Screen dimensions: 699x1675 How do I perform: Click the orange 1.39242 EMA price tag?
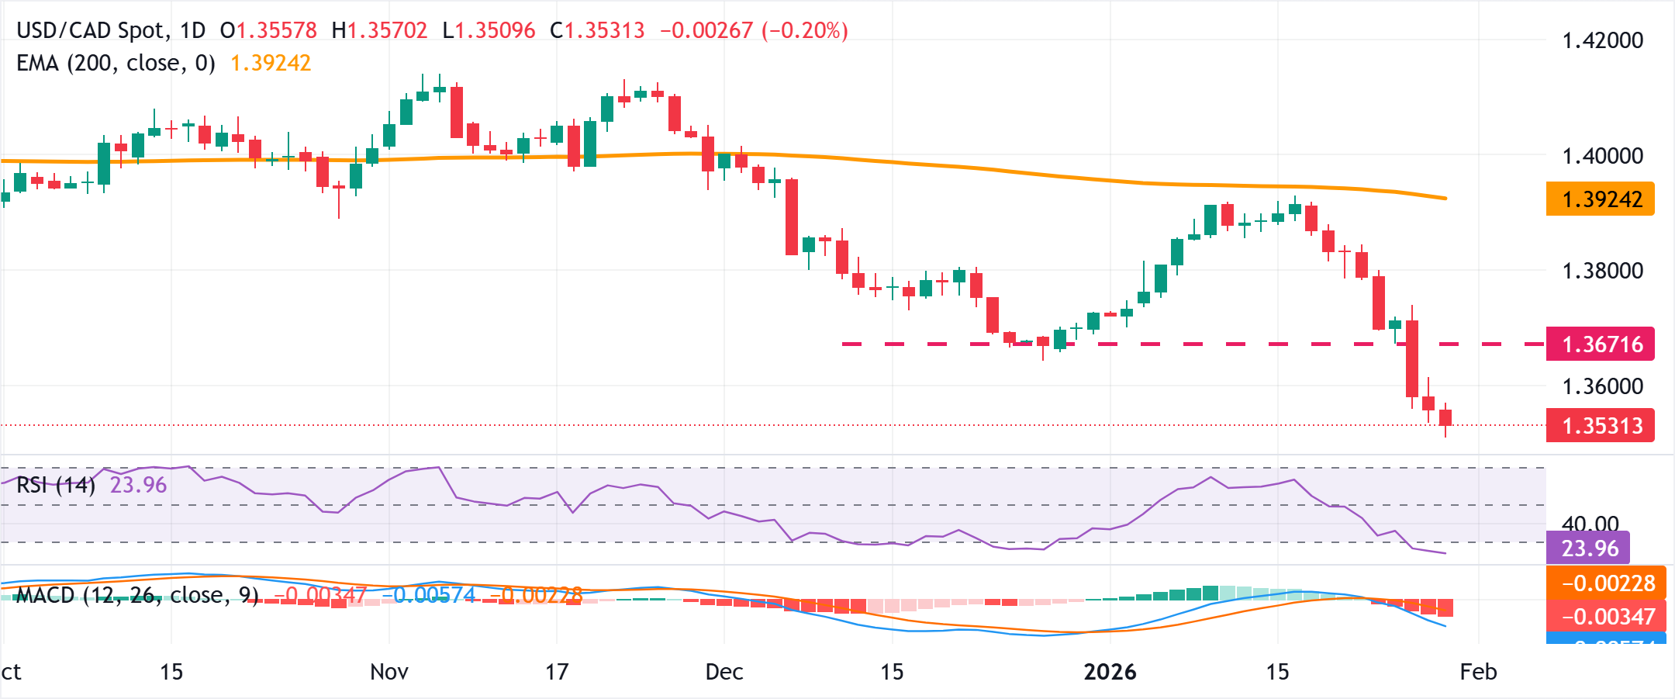click(1600, 199)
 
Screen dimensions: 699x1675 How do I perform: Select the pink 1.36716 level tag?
click(1600, 344)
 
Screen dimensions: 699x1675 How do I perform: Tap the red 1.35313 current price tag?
click(1600, 426)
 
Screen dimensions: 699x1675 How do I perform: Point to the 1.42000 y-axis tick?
click(1602, 40)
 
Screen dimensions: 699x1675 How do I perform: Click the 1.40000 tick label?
click(1602, 156)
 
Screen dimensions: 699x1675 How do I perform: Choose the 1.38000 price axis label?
click(1602, 271)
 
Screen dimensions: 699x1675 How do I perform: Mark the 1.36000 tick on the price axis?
click(1602, 386)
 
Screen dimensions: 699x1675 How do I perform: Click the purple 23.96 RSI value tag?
click(1589, 548)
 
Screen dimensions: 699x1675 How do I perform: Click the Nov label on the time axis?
click(389, 672)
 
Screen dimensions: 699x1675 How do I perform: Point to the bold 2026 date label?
click(1110, 672)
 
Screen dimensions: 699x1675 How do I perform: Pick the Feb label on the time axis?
click(1478, 672)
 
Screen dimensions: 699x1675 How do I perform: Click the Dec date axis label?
click(724, 672)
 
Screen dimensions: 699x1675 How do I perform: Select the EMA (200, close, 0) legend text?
click(116, 63)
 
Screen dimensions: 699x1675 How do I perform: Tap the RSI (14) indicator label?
click(56, 486)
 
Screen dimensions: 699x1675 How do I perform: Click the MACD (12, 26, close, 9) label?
click(137, 595)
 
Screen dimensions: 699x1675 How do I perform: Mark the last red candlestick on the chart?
click(1445, 417)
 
